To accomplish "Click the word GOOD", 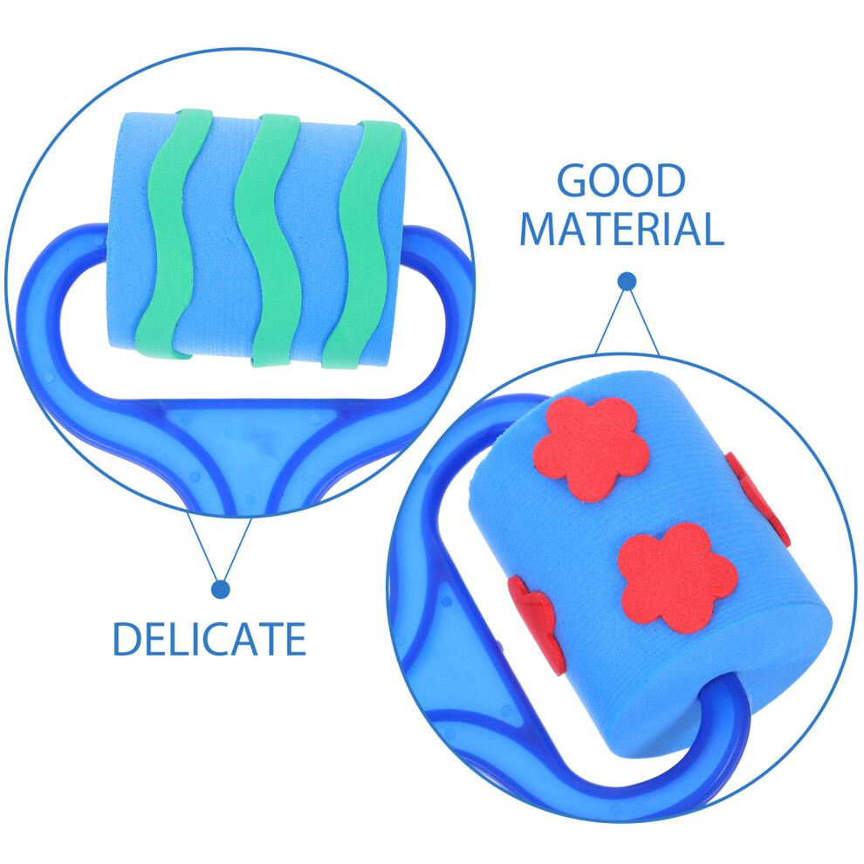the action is point(621,180).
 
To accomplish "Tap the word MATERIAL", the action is point(621,229).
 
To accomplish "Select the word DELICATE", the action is point(209,639).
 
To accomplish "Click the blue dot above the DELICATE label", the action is point(221,589).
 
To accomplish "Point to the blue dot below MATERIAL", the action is point(627,282).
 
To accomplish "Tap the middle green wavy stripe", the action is point(267,240).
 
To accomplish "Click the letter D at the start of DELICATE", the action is point(126,639).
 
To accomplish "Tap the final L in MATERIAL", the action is point(710,229).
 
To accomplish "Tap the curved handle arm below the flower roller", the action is point(662,771).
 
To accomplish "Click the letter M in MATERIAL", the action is point(538,229).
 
